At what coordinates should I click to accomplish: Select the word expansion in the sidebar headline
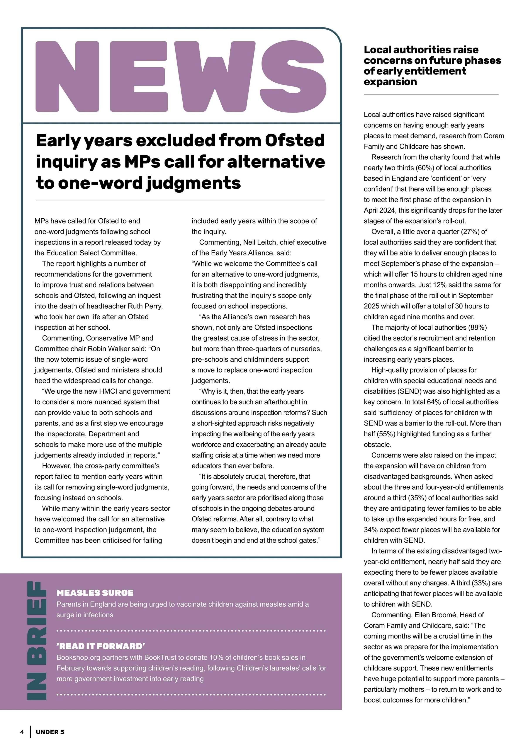(x=390, y=82)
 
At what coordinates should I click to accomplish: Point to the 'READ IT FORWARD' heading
(x=100, y=646)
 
